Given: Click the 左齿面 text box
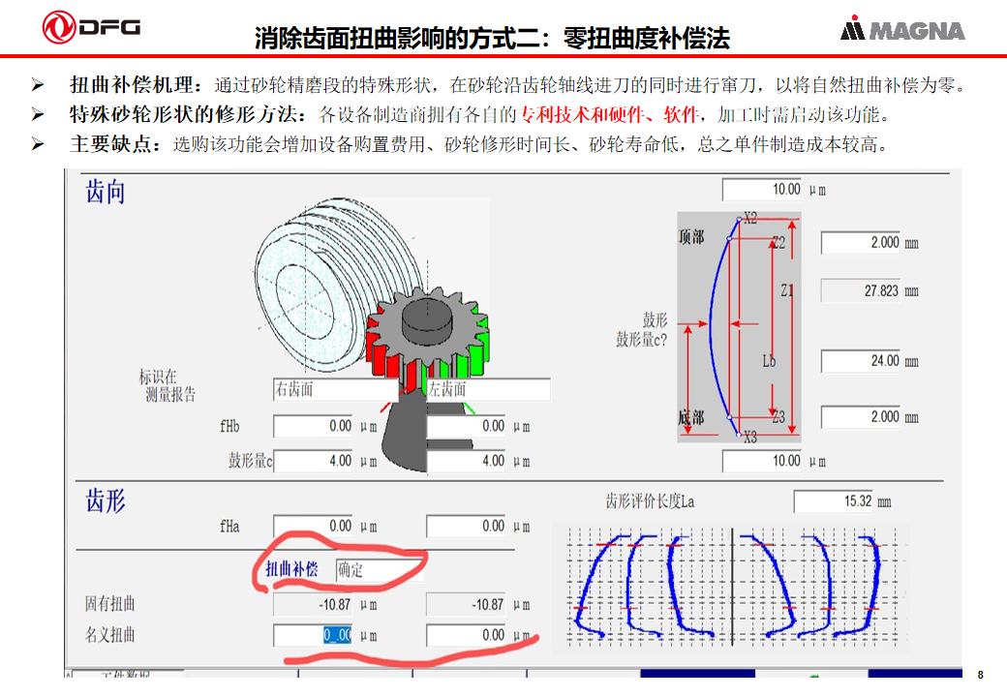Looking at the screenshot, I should click(488, 390).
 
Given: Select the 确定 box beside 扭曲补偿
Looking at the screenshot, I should click(378, 570).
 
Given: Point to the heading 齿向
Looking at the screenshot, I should click(106, 193).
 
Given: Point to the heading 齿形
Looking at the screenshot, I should click(106, 501).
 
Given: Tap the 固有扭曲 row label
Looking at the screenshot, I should click(109, 604).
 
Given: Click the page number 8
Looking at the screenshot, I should click(980, 675).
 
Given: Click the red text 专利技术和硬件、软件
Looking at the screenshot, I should click(609, 115).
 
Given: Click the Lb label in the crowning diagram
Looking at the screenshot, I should click(768, 361).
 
